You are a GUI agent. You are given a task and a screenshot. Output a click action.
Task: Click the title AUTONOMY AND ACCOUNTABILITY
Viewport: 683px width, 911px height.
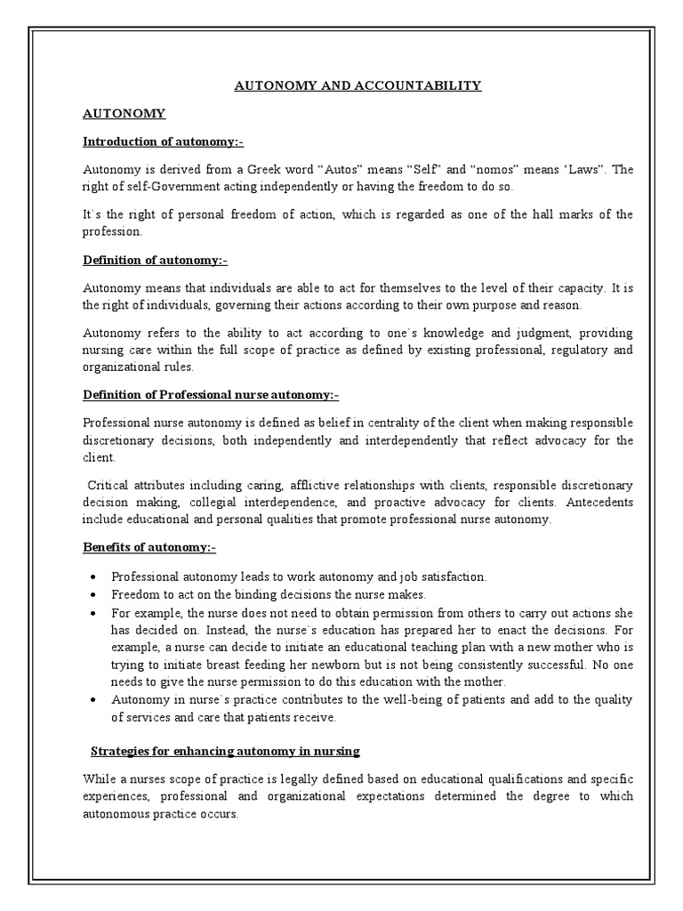358,85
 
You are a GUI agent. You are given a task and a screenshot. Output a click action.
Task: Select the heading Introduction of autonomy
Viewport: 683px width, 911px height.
163,141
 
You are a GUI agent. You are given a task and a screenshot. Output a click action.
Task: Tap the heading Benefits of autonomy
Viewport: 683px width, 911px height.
149,547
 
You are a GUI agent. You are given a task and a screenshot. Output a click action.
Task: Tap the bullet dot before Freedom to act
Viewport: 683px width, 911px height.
92,594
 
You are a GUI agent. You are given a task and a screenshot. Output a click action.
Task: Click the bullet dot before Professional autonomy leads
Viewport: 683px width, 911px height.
92,576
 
